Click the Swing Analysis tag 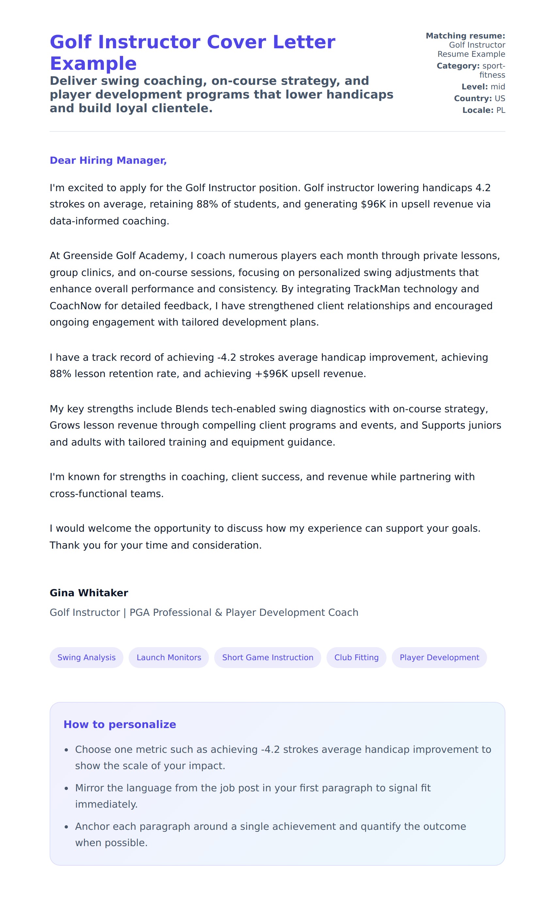(86, 658)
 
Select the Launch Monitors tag (168, 658)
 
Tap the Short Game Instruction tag (268, 658)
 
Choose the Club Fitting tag (356, 658)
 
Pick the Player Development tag (439, 658)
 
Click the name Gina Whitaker (89, 593)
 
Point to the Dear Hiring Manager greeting (108, 160)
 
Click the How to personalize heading (120, 724)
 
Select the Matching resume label (465, 36)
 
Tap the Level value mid (498, 86)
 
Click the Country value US (499, 98)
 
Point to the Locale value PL (501, 110)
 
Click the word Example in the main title (93, 64)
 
